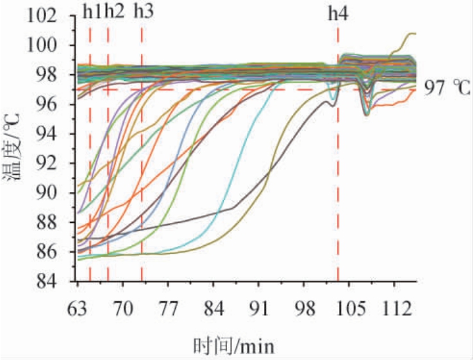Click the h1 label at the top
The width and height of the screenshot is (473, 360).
pyautogui.click(x=92, y=12)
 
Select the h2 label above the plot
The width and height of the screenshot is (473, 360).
pyautogui.click(x=113, y=12)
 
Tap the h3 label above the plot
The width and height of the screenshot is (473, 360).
pyautogui.click(x=143, y=12)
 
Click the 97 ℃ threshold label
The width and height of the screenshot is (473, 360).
pyautogui.click(x=448, y=88)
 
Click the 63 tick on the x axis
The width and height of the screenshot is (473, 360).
pyautogui.click(x=77, y=307)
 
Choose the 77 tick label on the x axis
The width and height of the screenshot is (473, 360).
pyautogui.click(x=168, y=307)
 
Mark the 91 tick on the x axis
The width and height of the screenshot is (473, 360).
pyautogui.click(x=258, y=307)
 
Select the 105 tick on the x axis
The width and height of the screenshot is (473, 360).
pyautogui.click(x=349, y=307)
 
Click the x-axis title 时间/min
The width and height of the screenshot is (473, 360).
pyautogui.click(x=234, y=346)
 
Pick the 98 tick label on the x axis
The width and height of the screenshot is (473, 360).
pyautogui.click(x=304, y=307)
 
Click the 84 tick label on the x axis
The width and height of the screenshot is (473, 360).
pyautogui.click(x=213, y=307)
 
